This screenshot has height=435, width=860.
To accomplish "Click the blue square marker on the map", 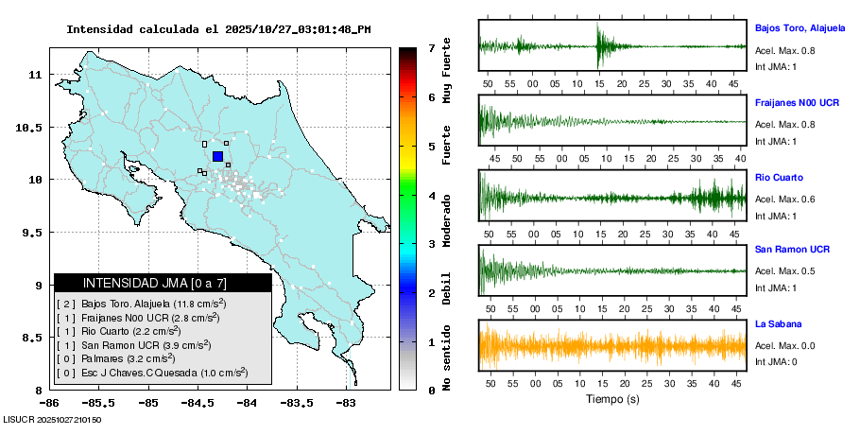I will pos(217,156).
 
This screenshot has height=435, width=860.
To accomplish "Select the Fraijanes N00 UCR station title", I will pos(798,102).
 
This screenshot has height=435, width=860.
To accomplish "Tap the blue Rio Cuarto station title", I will pos(779,177).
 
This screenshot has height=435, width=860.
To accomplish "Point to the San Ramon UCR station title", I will pos(792,250).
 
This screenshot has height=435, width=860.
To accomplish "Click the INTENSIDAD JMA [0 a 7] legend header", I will pos(163,283).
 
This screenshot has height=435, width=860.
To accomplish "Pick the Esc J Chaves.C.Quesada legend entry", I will pos(151,373).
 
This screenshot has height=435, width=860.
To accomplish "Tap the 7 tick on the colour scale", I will pos(431,47).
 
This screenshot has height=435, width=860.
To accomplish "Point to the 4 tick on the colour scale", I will pos(431,196).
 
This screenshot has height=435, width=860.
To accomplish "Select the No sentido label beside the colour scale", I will pos(447,360).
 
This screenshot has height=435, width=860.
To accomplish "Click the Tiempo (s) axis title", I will pos(611,400).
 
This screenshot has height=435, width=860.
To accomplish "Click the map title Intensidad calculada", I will pos(217,29).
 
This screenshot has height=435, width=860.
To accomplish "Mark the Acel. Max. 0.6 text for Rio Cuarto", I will pos(785,199).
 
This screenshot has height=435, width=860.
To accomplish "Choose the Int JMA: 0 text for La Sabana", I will pos(776,361).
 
